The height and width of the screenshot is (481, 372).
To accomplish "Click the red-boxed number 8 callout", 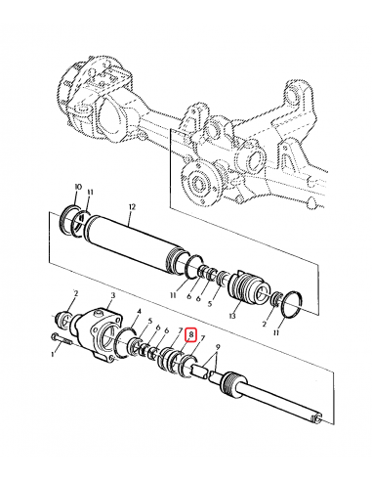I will point(191,334).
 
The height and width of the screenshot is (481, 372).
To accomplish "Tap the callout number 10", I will point(77,186).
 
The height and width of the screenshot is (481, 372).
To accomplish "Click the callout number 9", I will point(218,349).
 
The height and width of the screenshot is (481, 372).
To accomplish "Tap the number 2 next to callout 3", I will point(75,292).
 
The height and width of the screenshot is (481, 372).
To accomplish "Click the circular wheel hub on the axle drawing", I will point(197,183).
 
